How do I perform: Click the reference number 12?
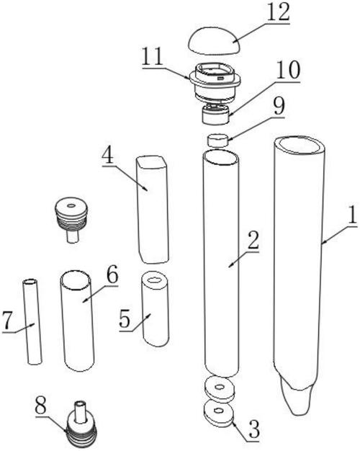pos(278,12)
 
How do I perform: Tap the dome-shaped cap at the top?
pos(214,40)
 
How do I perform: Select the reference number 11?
pos(153,57)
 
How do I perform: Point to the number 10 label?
pos(288,70)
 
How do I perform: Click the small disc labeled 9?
pos(218,140)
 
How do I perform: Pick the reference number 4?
pos(109,156)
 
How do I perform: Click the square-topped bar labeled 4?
pos(153,210)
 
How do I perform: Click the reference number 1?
pos(352,215)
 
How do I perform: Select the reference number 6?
pos(112,274)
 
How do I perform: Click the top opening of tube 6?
pos(76,280)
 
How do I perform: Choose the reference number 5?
pos(125,320)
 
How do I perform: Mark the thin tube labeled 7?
pos(32,321)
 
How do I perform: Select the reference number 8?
pos(40,405)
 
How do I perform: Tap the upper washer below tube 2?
pos(220,388)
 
